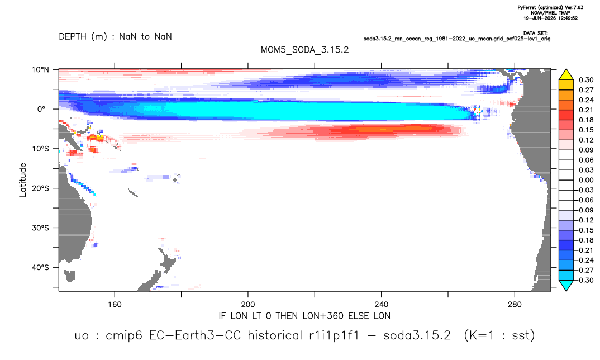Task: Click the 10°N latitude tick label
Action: [40, 70]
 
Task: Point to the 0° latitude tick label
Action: [41, 109]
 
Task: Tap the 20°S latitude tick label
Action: [40, 188]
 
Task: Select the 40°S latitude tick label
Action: [40, 267]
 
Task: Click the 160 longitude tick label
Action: [115, 305]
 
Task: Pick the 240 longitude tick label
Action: [382, 305]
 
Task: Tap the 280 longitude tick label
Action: [515, 305]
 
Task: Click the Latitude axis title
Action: [23, 180]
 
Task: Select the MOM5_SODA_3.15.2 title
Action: [305, 50]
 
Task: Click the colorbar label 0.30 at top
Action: [586, 80]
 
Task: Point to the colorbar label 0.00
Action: [586, 180]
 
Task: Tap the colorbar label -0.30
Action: [585, 280]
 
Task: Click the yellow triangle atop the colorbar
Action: [566, 75]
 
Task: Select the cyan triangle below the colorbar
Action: [566, 285]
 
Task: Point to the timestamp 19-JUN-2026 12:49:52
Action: [551, 18]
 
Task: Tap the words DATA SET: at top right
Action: [536, 34]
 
